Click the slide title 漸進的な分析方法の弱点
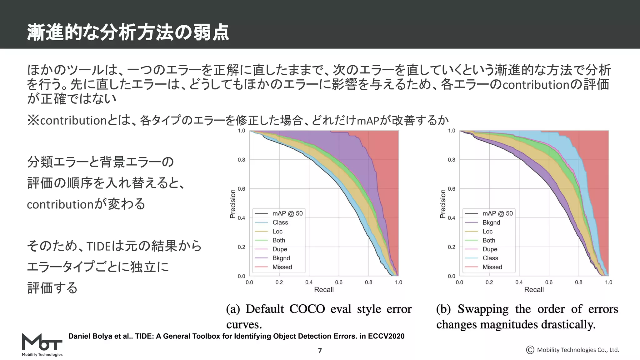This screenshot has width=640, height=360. click(x=128, y=32)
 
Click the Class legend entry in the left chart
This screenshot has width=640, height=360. click(x=280, y=222)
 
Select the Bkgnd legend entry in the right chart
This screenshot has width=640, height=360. click(x=491, y=222)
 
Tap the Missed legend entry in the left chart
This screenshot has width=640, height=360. click(x=282, y=267)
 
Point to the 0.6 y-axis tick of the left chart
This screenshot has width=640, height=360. click(x=242, y=189)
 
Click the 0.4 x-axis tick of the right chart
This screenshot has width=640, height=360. click(x=519, y=282)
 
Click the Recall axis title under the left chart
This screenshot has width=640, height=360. click(x=324, y=290)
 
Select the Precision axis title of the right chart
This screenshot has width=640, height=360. click(x=442, y=204)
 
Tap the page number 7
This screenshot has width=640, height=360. click(x=320, y=351)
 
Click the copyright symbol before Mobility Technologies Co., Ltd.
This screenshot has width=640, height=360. click(x=530, y=350)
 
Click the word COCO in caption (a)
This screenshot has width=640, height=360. click(x=307, y=309)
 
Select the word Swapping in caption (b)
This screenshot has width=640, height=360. click(x=483, y=309)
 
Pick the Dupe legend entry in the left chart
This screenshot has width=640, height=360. click(x=280, y=249)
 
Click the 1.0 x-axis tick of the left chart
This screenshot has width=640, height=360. click(x=398, y=282)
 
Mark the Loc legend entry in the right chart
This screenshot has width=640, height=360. click(x=487, y=232)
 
